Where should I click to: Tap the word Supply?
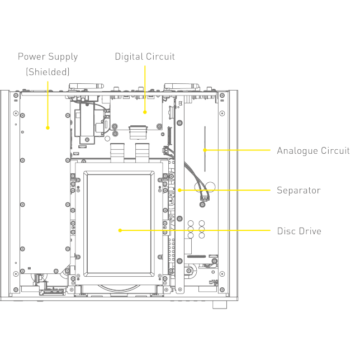(63, 56)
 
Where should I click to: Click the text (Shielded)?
(48, 72)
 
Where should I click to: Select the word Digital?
(129, 56)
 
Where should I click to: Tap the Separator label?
(299, 191)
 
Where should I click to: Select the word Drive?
(311, 231)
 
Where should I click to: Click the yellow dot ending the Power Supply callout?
(48, 127)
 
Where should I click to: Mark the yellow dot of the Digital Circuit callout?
(145, 112)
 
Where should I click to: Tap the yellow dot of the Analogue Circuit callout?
(205, 150)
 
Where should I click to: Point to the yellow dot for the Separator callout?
(179, 190)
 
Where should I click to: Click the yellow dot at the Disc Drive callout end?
(120, 230)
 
